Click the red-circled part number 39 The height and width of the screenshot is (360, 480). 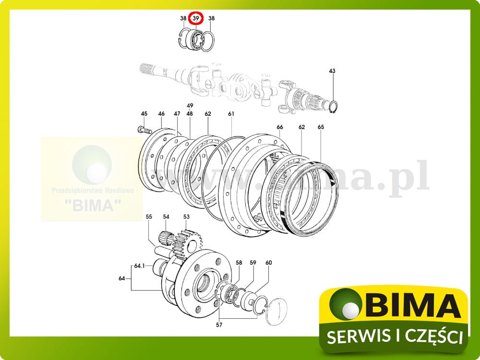pyautogui.click(x=196, y=19)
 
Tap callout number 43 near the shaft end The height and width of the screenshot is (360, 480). pyautogui.click(x=332, y=71)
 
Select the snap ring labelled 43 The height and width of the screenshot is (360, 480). pyautogui.click(x=336, y=108)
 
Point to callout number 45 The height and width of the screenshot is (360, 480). pyautogui.click(x=144, y=114)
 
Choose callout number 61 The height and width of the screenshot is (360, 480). pyautogui.click(x=231, y=114)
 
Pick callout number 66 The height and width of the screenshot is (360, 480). pyautogui.click(x=280, y=127)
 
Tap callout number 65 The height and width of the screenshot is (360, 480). pyautogui.click(x=321, y=127)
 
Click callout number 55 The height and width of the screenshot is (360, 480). pyautogui.click(x=149, y=217)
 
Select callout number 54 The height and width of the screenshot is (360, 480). pyautogui.click(x=166, y=217)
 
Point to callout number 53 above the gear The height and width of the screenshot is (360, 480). pyautogui.click(x=186, y=217)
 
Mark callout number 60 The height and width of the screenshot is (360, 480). pyautogui.click(x=269, y=263)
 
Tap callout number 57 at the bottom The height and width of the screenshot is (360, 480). pyautogui.click(x=219, y=325)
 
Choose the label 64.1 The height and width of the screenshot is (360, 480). pyautogui.click(x=140, y=265)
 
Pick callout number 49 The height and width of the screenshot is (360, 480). pyautogui.click(x=190, y=106)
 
